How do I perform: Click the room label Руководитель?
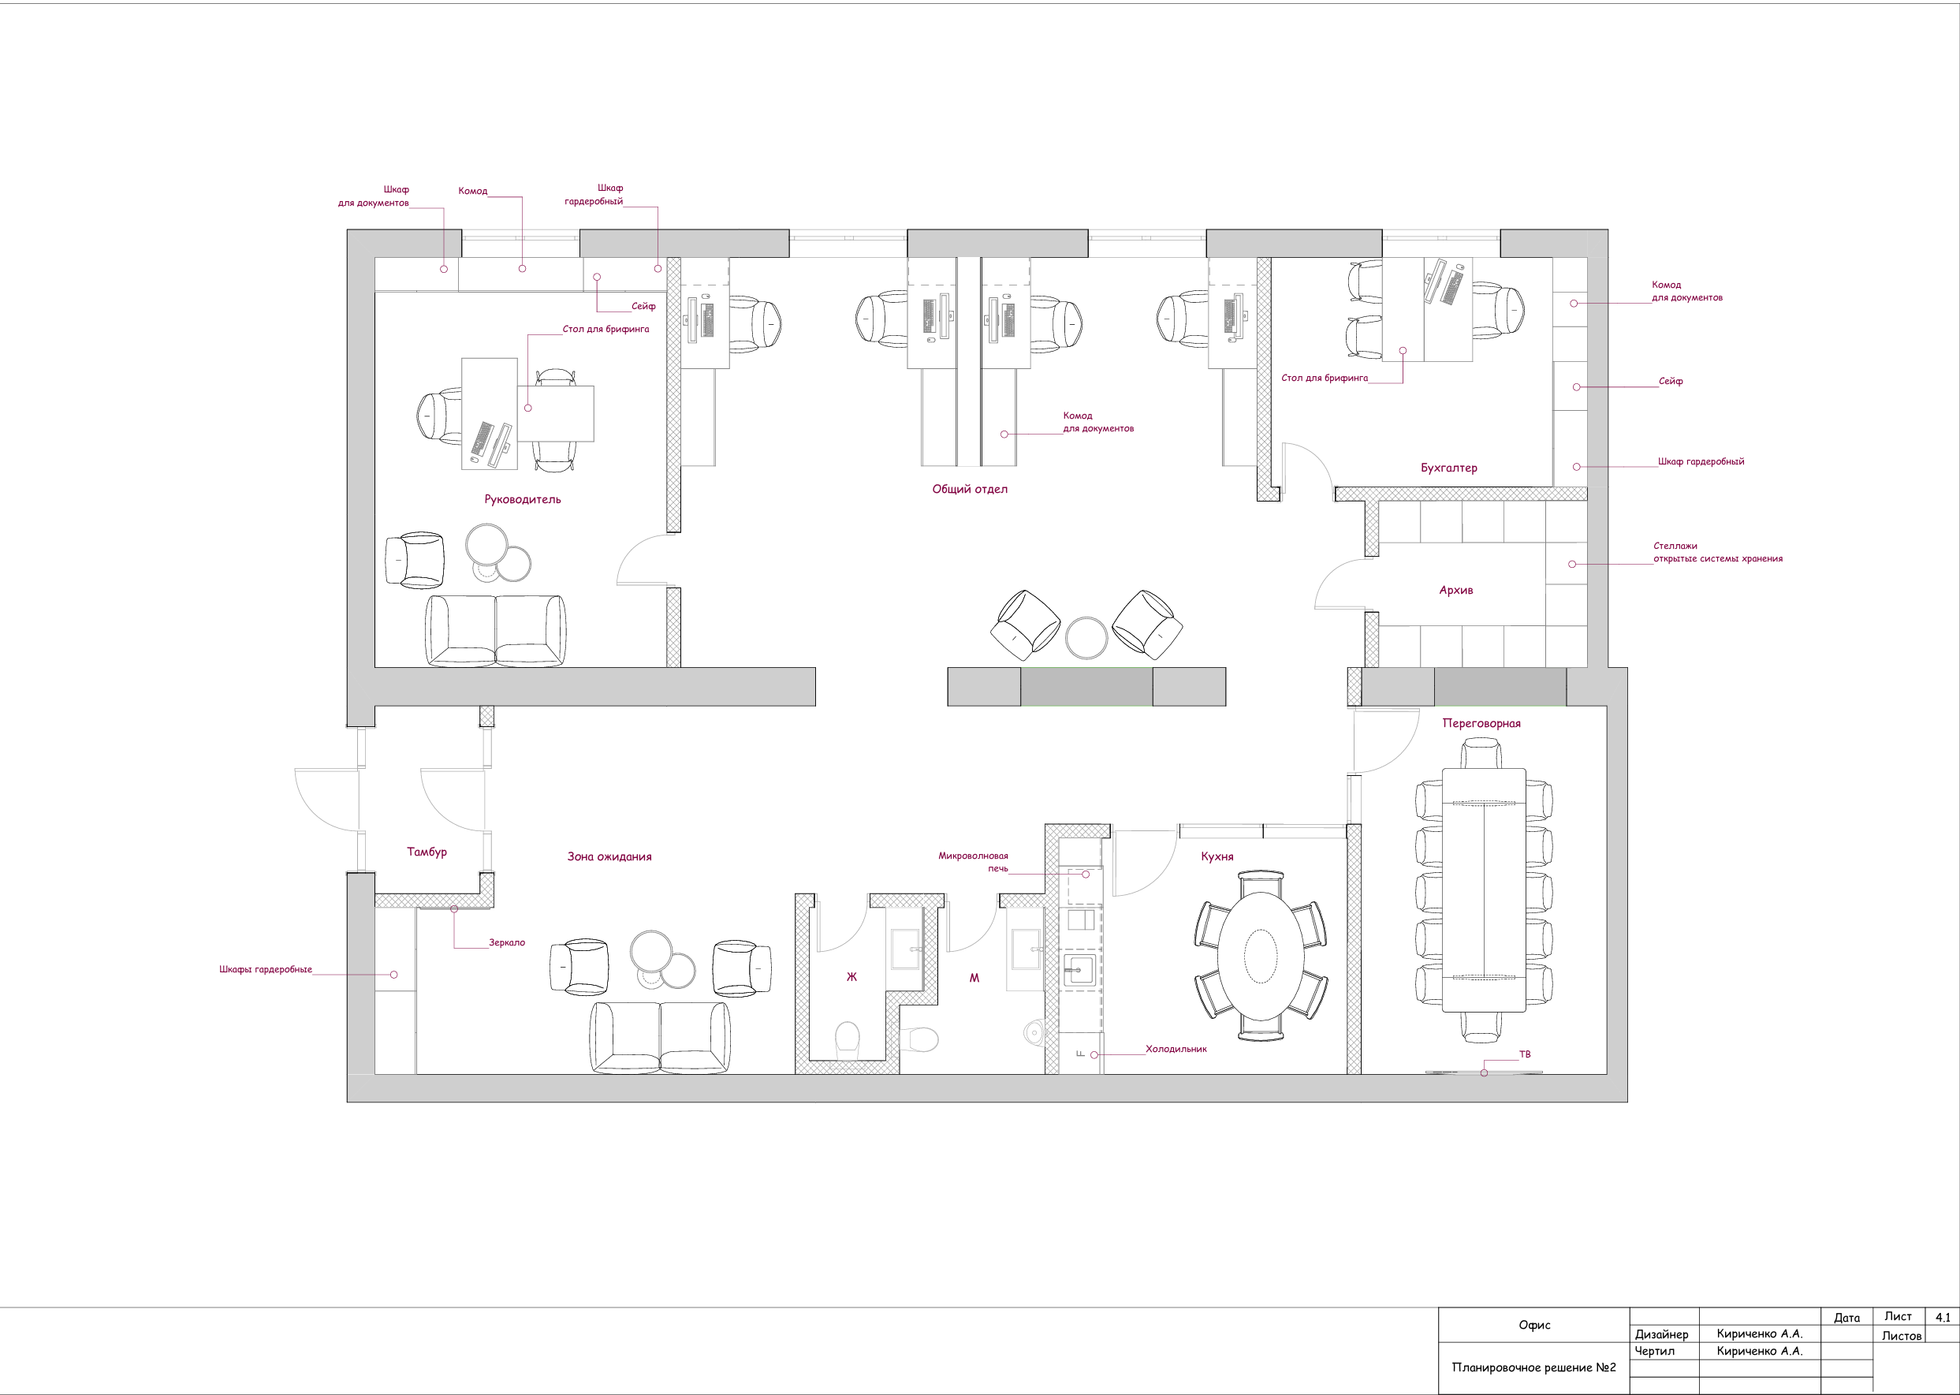click(x=522, y=500)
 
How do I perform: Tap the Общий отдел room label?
click(x=970, y=490)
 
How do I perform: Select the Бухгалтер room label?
click(x=1449, y=468)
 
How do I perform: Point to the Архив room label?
click(x=1456, y=590)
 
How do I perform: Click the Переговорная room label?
click(x=1481, y=723)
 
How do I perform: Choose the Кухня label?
click(x=1217, y=856)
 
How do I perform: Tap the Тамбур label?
click(x=427, y=852)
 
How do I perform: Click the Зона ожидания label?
click(x=609, y=856)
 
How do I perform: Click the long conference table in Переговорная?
click(x=1484, y=890)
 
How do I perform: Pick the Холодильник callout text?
click(x=1176, y=1049)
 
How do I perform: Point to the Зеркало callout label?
click(x=507, y=942)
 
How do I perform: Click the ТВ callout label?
click(x=1525, y=1054)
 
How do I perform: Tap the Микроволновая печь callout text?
click(x=973, y=862)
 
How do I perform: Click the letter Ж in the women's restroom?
click(x=852, y=977)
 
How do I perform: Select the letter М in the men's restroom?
click(x=974, y=978)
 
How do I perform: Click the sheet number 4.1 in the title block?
click(x=1943, y=1317)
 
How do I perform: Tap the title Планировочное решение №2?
click(x=1534, y=1367)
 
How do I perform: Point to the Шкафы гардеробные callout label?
click(x=266, y=969)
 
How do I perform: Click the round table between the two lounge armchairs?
click(x=1086, y=637)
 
